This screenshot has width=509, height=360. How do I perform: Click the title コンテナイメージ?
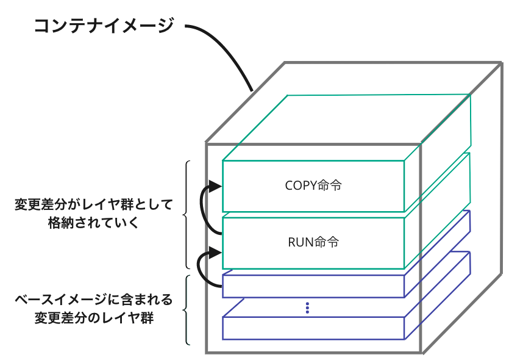[104, 26]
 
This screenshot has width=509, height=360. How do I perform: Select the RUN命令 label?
[313, 242]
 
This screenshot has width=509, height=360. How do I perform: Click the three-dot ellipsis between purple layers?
[308, 308]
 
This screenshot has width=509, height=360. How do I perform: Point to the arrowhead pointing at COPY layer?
[215, 186]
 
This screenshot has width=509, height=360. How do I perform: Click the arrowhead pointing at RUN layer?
[215, 251]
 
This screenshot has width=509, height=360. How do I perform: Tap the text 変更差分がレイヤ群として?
[94, 204]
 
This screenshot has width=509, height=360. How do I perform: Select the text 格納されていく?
[94, 223]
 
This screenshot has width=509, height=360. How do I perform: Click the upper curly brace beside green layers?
[187, 215]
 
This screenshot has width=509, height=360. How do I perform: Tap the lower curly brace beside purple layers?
[187, 310]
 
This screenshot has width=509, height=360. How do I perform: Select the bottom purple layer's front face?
[313, 328]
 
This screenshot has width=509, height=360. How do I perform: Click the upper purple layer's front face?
[313, 286]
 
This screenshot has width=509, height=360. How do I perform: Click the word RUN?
[300, 242]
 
